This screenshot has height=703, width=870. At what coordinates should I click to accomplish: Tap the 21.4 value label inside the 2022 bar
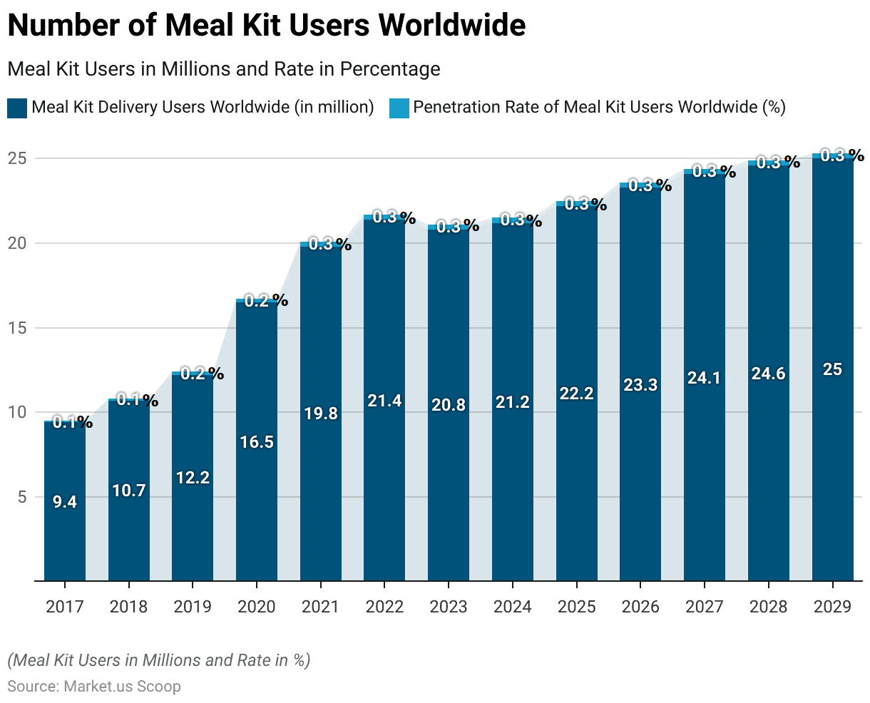pyautogui.click(x=384, y=401)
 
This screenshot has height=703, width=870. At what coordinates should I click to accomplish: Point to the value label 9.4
pyautogui.click(x=65, y=502)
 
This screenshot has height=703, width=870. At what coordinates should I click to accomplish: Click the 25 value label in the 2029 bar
pyautogui.click(x=832, y=369)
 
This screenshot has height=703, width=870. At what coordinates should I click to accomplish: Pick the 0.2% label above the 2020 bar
pyautogui.click(x=265, y=301)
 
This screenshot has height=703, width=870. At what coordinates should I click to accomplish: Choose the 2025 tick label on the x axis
pyautogui.click(x=576, y=607)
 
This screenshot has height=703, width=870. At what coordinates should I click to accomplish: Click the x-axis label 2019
pyautogui.click(x=193, y=607)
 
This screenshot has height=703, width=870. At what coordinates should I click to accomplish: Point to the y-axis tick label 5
pyautogui.click(x=21, y=497)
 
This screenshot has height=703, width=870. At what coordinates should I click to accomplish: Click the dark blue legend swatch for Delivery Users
pyautogui.click(x=17, y=108)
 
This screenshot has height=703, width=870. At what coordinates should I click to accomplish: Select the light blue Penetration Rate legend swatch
pyautogui.click(x=399, y=108)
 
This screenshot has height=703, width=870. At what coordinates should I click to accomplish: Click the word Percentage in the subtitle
pyautogui.click(x=390, y=69)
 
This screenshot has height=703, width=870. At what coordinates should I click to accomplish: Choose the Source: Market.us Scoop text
pyautogui.click(x=94, y=687)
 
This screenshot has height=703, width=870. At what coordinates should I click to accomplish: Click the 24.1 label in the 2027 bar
pyautogui.click(x=704, y=378)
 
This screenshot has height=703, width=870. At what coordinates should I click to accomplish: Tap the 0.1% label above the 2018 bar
pyautogui.click(x=137, y=401)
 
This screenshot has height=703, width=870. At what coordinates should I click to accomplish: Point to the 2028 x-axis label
pyautogui.click(x=768, y=607)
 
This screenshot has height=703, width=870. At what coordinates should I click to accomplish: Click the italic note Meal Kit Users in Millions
pyautogui.click(x=158, y=660)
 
